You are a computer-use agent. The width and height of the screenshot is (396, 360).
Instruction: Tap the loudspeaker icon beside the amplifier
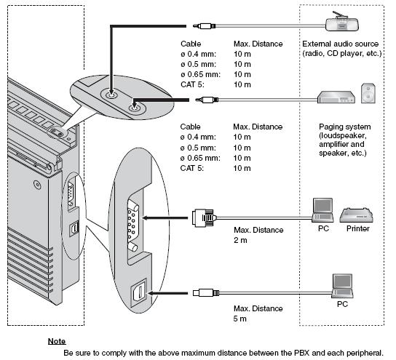(368, 93)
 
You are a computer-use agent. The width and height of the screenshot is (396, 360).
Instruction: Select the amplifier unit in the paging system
(336, 97)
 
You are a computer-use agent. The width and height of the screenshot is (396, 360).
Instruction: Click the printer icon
(357, 215)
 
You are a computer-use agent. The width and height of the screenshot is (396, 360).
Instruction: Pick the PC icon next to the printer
(322, 210)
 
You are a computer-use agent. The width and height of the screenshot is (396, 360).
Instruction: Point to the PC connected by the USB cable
(342, 286)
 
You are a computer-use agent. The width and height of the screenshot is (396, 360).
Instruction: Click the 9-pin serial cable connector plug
(204, 217)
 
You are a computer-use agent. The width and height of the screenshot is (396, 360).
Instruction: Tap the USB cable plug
(206, 293)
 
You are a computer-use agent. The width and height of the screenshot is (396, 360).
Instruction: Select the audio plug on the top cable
(204, 26)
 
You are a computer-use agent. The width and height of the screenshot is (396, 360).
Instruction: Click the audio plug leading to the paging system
(207, 100)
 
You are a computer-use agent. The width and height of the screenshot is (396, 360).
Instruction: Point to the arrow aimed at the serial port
(165, 217)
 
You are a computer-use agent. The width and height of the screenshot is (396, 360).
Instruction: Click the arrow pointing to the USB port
(167, 293)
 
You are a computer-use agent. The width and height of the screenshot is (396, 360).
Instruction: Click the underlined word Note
(57, 341)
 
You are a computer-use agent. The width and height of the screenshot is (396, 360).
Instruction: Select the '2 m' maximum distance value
(240, 240)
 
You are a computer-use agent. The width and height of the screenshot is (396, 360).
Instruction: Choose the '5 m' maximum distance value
(239, 319)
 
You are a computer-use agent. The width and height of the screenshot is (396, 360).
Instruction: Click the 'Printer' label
(358, 228)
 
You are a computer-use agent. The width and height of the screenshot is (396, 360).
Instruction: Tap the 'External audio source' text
(340, 44)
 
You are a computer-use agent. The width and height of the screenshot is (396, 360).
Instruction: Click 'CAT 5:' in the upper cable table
(192, 84)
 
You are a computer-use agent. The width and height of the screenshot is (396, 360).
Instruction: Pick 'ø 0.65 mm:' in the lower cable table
(200, 158)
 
